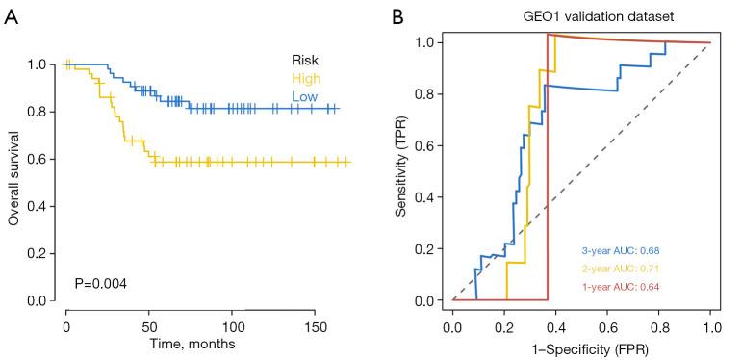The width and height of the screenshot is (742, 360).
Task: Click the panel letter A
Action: click(11, 16)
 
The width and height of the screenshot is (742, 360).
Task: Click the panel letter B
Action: click(397, 16)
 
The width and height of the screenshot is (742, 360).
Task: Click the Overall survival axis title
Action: click(13, 179)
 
